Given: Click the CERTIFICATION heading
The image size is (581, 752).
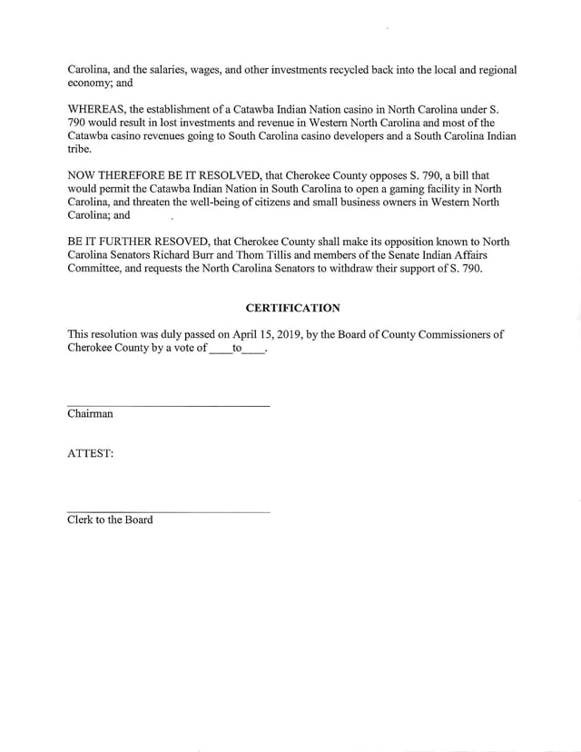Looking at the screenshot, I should [292, 309].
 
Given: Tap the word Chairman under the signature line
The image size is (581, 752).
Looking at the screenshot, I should [90, 414].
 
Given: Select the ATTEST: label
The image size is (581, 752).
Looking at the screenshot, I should [91, 453].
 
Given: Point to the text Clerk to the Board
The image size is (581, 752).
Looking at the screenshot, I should [110, 519].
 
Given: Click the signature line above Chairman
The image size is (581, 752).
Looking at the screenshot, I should [168, 404].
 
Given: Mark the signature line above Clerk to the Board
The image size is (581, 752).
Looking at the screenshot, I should [168, 511].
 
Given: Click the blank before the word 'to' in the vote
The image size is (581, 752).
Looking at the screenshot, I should [220, 350].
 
